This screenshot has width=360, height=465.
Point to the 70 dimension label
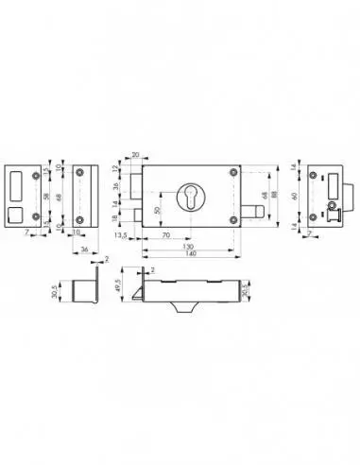(x=165, y=232)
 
